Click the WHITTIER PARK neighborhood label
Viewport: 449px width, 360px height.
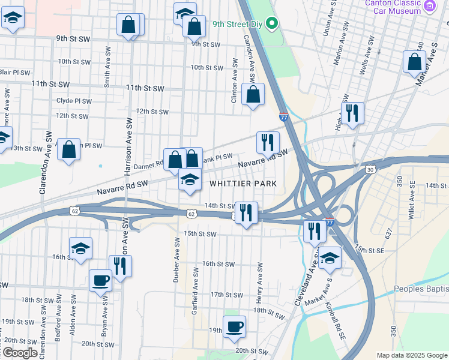click(243, 183)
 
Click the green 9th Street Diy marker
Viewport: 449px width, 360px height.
click(271, 24)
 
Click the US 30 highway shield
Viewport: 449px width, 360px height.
click(370, 170)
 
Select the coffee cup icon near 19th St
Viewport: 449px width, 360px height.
click(234, 326)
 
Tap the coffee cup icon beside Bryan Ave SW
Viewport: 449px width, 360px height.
click(100, 280)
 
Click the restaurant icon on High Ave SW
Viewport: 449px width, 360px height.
click(352, 112)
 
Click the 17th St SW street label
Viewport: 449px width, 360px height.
click(226, 295)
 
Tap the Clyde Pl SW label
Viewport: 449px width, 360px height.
click(74, 101)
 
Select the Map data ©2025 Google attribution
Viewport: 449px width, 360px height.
click(412, 355)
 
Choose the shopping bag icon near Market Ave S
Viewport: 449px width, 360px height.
click(414, 62)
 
